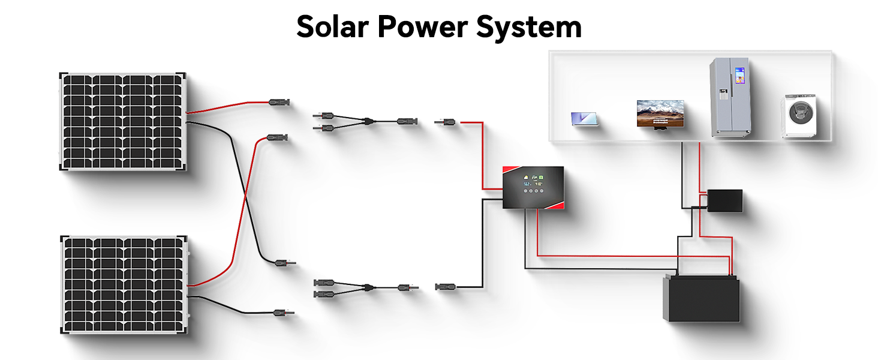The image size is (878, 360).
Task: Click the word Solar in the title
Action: coord(332,26)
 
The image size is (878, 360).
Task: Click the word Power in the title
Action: coord(423,26)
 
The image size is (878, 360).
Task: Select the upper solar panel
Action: coord(123,122)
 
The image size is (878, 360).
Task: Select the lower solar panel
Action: coord(124,285)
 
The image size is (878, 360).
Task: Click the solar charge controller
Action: coord(533,187)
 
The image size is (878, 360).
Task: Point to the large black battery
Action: coord(701,298)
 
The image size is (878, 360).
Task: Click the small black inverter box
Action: coord(724,201)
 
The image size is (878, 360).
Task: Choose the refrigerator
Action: coord(730,97)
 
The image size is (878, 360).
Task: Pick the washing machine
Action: coord(799,116)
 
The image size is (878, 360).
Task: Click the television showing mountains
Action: coord(660,114)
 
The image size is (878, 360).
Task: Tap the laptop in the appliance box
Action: coord(584,119)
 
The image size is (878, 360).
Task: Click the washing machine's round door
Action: coord(801,113)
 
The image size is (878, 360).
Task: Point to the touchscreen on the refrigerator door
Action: coord(739,75)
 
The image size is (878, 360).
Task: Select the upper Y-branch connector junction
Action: coord(368,122)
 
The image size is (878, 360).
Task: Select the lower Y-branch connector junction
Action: coord(368,288)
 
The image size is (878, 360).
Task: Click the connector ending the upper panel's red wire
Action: coord(279,103)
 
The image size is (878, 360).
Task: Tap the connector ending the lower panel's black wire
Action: coord(284,313)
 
